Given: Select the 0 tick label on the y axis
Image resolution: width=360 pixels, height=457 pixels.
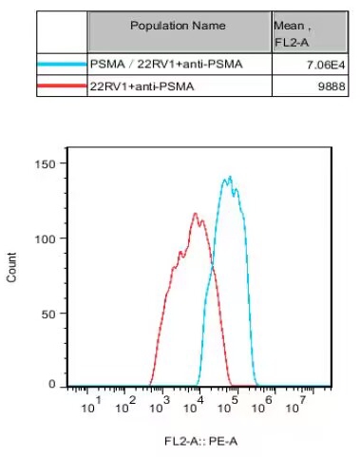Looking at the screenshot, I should (x=53, y=385).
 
